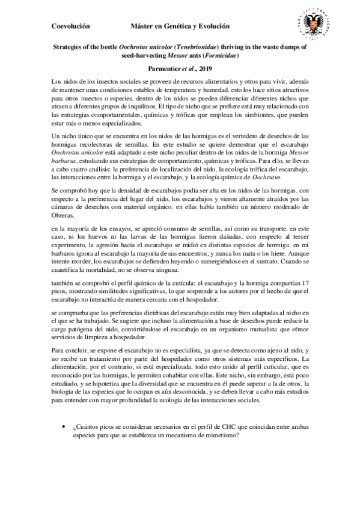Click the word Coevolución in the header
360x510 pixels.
click(70, 26)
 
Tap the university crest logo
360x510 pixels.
click(315, 23)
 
